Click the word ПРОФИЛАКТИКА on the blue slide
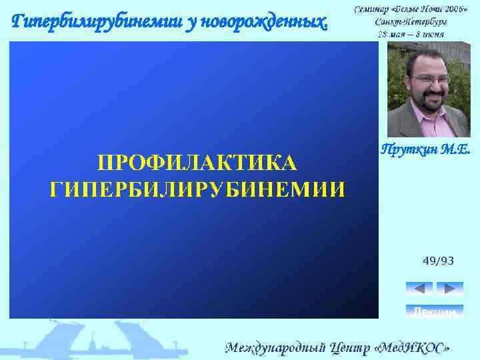point(197,163)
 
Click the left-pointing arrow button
point(419,289)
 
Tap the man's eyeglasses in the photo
point(431,79)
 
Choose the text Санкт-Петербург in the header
point(411,21)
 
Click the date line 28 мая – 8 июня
point(411,34)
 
